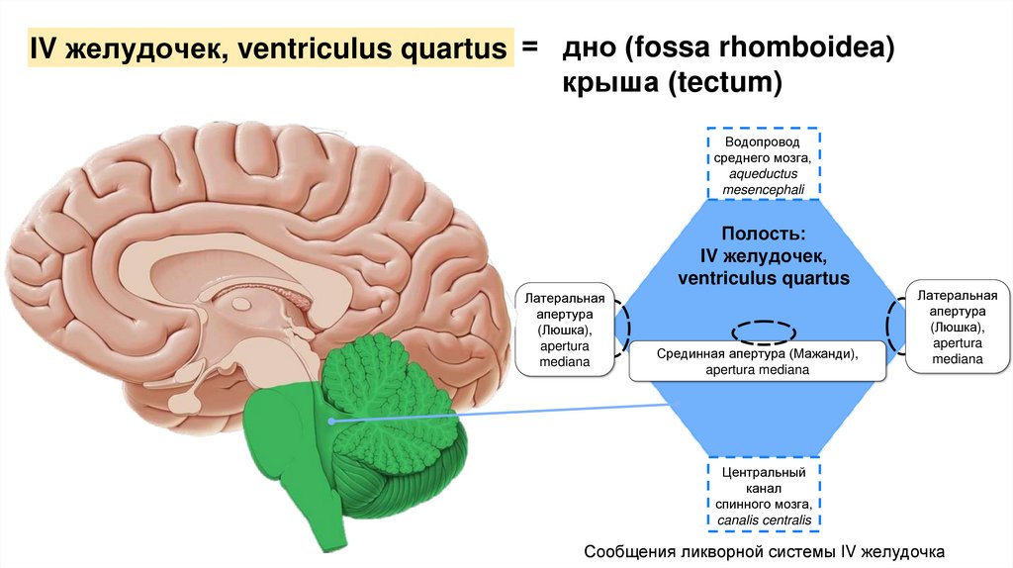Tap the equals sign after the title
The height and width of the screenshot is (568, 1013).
(530, 47)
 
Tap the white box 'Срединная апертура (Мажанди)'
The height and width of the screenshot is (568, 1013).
(758, 361)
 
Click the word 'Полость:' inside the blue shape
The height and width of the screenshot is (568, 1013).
(763, 235)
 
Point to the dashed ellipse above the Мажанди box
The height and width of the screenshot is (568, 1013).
(763, 331)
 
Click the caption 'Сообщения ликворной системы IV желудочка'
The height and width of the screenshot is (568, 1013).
(765, 549)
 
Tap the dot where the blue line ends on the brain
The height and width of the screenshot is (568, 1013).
(332, 422)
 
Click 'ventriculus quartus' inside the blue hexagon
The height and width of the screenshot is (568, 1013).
(763, 278)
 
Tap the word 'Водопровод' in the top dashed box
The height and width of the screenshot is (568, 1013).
(763, 142)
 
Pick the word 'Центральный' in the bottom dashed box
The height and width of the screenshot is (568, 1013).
(764, 473)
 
